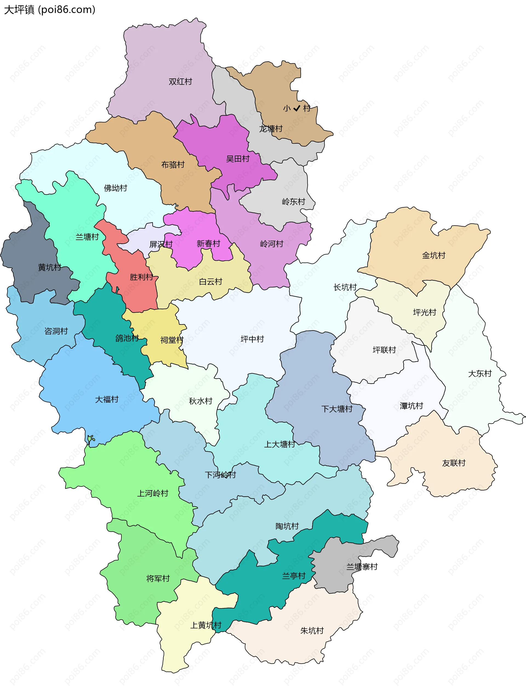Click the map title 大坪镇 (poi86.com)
click(50, 10)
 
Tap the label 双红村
click(180, 81)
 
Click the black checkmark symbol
click(296, 108)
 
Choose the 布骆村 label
click(173, 165)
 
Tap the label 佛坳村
click(116, 188)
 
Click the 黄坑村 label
click(50, 267)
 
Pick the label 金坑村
click(434, 255)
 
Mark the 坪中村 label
click(252, 339)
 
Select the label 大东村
click(480, 373)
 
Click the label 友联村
click(454, 463)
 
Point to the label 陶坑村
click(287, 526)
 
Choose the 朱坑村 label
click(312, 630)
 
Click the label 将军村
click(158, 579)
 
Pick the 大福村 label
click(107, 399)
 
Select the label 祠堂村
click(171, 340)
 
